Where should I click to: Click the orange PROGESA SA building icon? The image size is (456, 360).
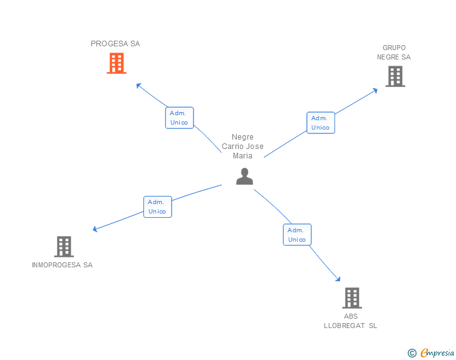(116, 63)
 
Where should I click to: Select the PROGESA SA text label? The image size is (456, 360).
(115, 44)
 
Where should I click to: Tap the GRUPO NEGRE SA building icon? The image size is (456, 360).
(395, 76)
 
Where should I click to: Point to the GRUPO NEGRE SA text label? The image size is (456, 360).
(394, 53)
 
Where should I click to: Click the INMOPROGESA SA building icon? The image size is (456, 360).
(64, 247)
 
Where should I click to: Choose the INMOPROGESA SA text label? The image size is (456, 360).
(62, 265)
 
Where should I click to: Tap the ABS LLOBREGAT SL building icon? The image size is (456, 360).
(352, 298)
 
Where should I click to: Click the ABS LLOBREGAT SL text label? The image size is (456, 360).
(351, 321)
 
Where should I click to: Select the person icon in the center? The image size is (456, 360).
(244, 177)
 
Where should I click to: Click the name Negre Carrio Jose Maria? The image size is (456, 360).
(243, 147)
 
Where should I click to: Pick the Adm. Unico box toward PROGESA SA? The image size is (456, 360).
(179, 118)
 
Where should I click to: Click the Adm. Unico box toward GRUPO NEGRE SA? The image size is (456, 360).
(320, 123)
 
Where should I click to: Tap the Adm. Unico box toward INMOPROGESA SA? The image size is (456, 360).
(157, 207)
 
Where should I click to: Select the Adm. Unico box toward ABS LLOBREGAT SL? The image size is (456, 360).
(296, 235)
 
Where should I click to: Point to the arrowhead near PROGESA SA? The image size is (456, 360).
(139, 85)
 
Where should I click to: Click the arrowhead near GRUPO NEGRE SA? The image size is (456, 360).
(375, 90)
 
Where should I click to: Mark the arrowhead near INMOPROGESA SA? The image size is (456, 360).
(95, 229)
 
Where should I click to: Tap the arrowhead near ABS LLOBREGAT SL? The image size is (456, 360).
(338, 279)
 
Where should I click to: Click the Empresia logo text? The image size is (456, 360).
(437, 353)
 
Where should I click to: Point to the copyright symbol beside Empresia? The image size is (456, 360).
(412, 353)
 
